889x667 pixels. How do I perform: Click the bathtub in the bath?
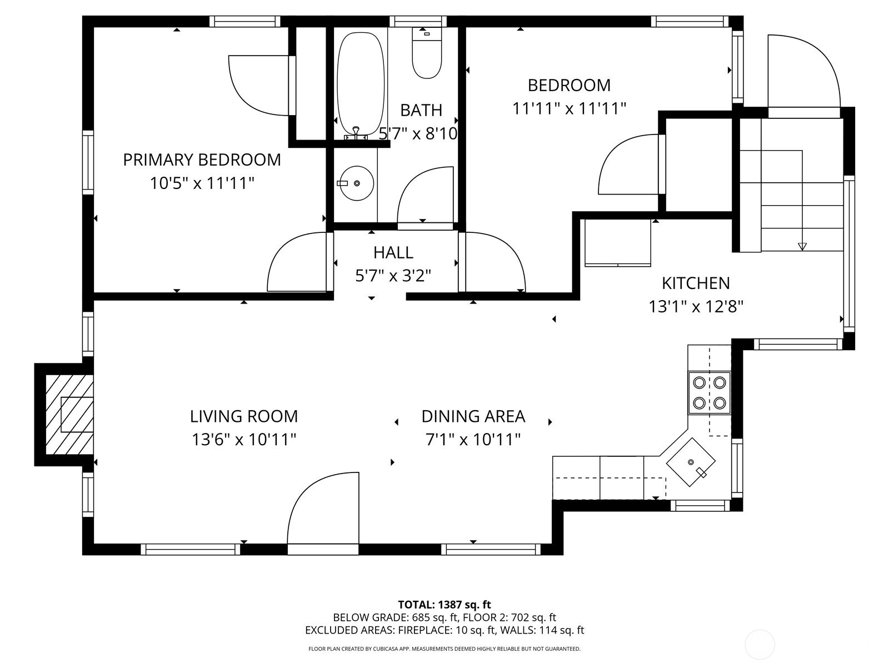tap(361, 84)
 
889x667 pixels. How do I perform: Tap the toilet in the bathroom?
tap(427, 53)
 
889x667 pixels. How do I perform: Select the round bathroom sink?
tap(356, 183)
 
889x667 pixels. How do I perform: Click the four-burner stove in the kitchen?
tap(709, 392)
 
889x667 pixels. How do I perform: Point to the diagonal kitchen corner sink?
tap(691, 462)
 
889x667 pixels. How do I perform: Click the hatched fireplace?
tap(69, 415)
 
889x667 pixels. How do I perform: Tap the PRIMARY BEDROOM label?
tap(202, 160)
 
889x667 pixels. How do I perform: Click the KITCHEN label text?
tap(696, 283)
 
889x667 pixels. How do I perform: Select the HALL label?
tap(393, 253)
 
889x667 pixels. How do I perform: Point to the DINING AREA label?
tap(473, 416)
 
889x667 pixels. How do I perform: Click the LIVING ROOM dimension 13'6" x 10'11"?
tap(244, 440)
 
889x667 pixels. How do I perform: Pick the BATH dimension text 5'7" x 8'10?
tap(418, 133)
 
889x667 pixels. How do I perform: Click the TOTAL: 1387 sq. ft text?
tap(444, 605)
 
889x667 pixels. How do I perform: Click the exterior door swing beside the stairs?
tap(804, 71)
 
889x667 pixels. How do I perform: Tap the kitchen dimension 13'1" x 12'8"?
tap(696, 307)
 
